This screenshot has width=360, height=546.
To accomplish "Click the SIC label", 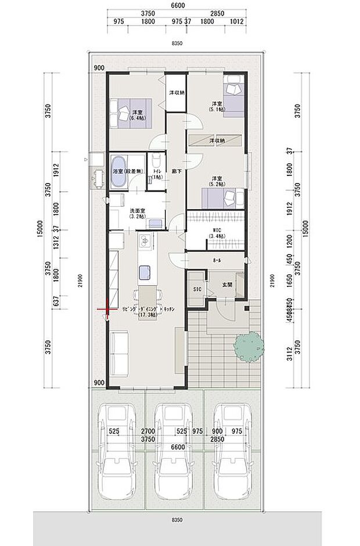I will pos(196,289).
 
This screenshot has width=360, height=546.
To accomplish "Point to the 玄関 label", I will pos(227,285).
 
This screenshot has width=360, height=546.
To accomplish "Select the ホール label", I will pos(217,261).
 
